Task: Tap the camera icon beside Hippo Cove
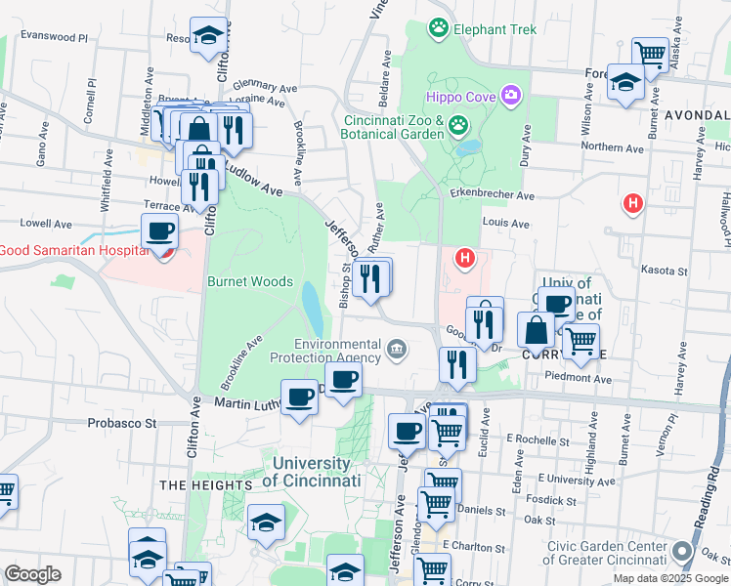(x=510, y=95)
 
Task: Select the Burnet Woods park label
(x=249, y=281)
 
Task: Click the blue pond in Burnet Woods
(x=313, y=308)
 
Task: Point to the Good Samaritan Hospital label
(x=72, y=250)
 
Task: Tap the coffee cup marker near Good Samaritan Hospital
(x=159, y=231)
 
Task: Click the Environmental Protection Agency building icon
(x=397, y=349)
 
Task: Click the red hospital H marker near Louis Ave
(x=633, y=203)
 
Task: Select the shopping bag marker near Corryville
(x=536, y=330)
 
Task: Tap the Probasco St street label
(x=122, y=424)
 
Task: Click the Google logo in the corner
(x=32, y=573)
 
